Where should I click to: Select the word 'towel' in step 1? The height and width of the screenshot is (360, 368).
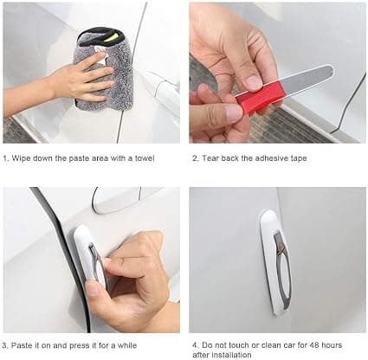[x=145, y=158]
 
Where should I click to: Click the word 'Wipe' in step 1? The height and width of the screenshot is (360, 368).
[x=21, y=158]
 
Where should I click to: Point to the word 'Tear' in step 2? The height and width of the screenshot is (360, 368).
[x=210, y=158]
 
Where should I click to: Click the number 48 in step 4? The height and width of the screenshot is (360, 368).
[x=314, y=345]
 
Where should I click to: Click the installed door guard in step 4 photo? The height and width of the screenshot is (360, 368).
[x=275, y=262]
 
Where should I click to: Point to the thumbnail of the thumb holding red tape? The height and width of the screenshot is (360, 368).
[x=234, y=112]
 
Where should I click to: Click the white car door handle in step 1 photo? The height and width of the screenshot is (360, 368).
[x=162, y=87]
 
